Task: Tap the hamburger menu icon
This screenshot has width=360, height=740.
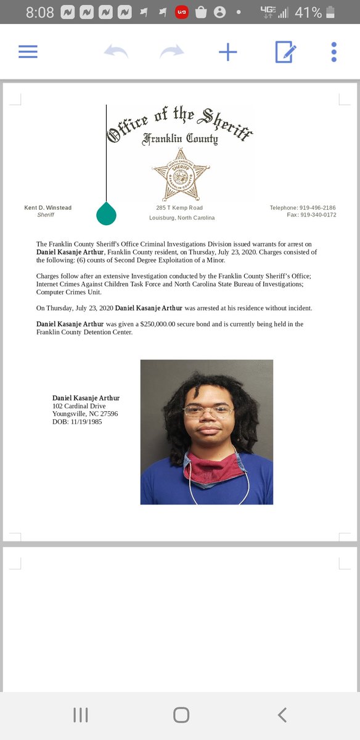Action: [28, 52]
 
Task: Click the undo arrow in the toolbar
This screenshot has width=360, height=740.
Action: [116, 52]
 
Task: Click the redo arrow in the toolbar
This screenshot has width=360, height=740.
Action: [171, 52]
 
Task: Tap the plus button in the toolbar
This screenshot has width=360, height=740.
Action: [228, 52]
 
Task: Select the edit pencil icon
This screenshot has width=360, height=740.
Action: [285, 52]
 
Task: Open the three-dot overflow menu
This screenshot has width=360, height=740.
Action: [333, 52]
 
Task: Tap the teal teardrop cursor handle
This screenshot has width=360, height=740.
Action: [107, 213]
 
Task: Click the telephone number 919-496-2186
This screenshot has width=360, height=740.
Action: [317, 208]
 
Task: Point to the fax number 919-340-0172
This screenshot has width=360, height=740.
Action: [320, 215]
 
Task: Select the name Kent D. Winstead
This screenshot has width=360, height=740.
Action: [47, 208]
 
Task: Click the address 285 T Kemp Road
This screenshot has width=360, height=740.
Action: [179, 208]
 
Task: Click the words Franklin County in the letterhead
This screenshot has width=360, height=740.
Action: [180, 139]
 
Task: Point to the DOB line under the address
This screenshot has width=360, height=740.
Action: [77, 422]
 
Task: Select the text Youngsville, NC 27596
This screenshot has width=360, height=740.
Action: [85, 414]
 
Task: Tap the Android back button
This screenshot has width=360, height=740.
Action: [282, 715]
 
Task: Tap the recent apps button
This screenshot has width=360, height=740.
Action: [81, 715]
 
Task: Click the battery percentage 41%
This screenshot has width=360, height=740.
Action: [307, 12]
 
